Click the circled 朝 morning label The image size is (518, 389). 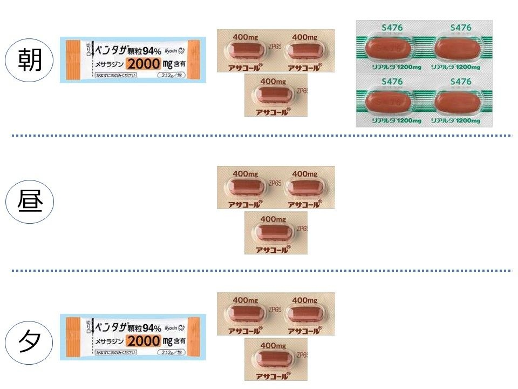click(30, 59)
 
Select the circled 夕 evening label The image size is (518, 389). click(30, 342)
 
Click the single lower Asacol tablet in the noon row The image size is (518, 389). click(273, 232)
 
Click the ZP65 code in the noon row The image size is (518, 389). click(275, 183)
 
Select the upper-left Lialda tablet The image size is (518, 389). click(389, 48)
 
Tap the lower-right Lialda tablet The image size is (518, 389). click(458, 101)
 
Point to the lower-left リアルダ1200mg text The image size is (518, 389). click(389, 120)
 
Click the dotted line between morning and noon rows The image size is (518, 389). click(259, 135)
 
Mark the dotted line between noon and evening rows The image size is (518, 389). click(259, 270)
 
